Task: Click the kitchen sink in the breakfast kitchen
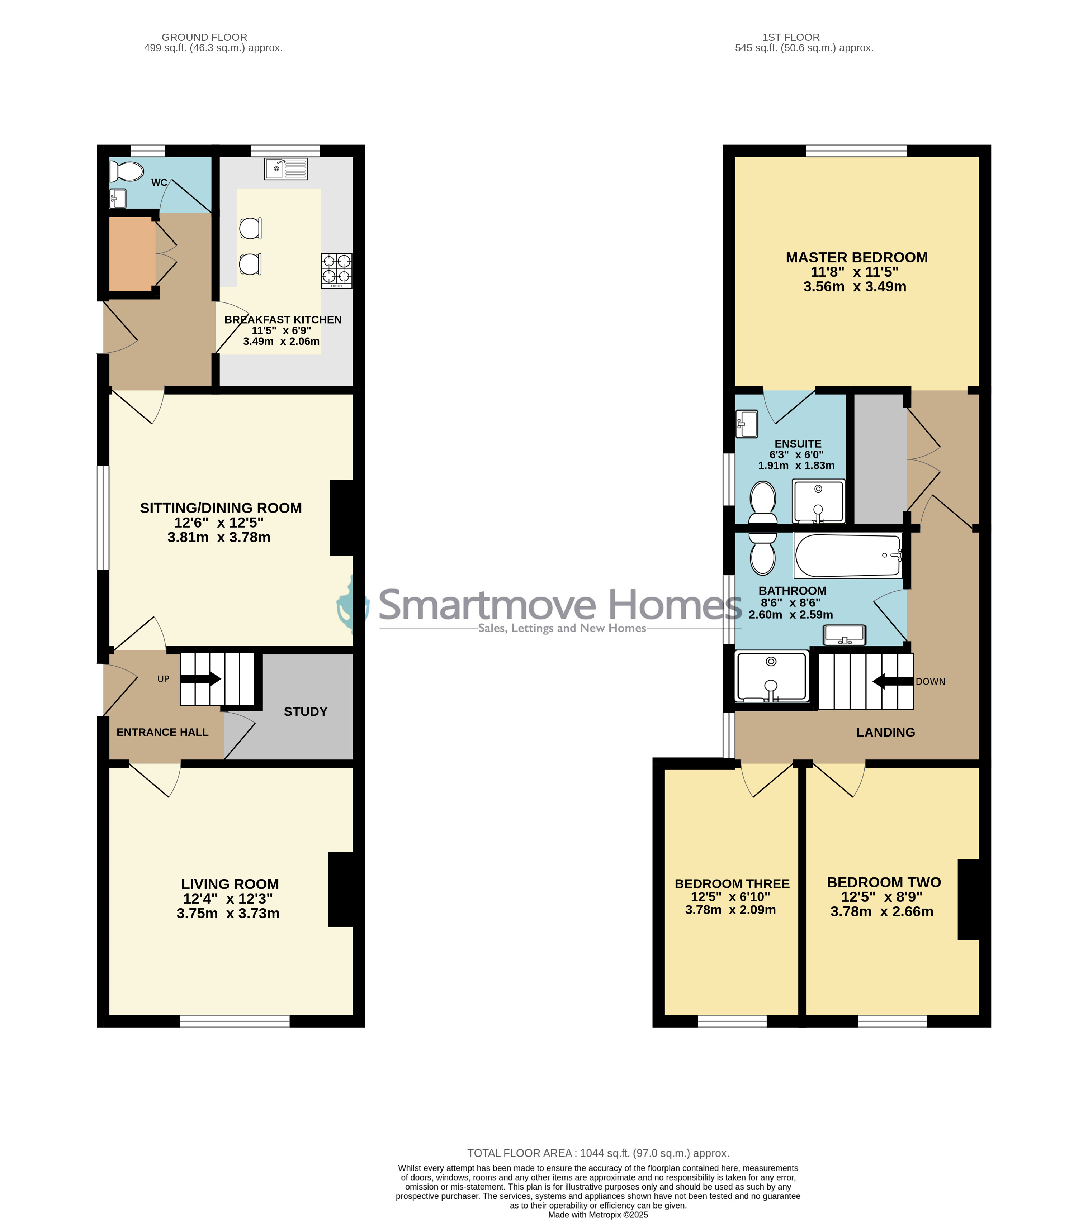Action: point(286,168)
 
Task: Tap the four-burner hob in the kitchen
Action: point(337,271)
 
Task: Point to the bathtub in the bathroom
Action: point(848,556)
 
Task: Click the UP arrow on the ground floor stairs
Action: point(201,679)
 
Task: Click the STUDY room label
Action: point(306,711)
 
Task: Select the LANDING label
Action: point(885,733)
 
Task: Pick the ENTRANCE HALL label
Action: point(162,733)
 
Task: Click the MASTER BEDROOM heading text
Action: point(857,257)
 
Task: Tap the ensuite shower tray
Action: point(818,501)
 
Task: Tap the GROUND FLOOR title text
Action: point(204,37)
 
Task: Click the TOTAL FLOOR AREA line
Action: point(598,1153)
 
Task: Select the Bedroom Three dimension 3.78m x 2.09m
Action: point(730,910)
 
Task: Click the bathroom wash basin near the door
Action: point(844,635)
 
